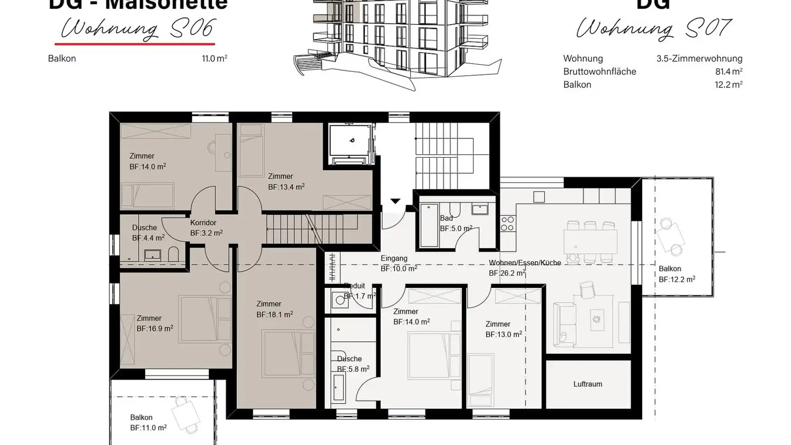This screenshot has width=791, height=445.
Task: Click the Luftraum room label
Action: [x=587, y=384]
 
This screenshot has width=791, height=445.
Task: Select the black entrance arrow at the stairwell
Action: [x=395, y=201]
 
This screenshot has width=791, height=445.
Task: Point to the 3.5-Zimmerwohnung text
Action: [x=699, y=58]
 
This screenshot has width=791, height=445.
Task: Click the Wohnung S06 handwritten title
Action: [x=137, y=29]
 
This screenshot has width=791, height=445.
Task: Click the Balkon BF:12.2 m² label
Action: [x=677, y=274]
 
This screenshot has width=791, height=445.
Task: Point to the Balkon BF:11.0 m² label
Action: [x=148, y=422]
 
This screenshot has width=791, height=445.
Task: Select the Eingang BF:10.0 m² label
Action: [x=398, y=263]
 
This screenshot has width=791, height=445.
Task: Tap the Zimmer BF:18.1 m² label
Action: [x=274, y=309]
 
